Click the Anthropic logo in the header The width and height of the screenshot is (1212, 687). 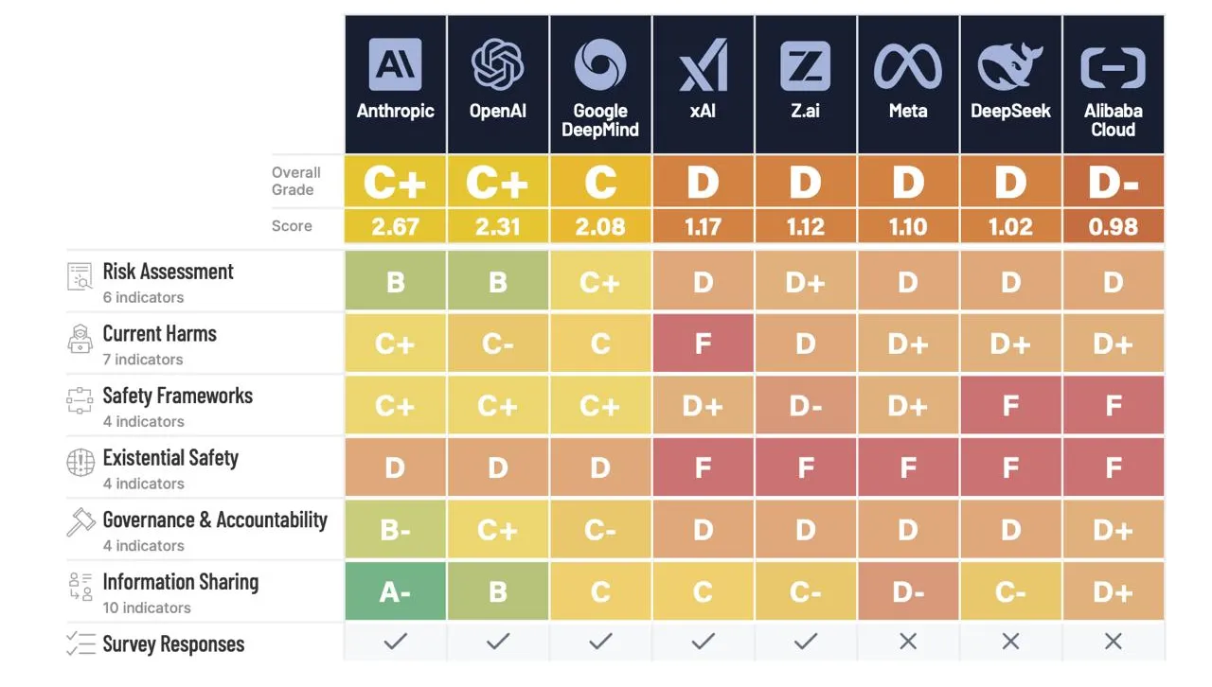tap(395, 64)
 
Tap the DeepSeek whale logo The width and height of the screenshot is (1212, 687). tap(1010, 64)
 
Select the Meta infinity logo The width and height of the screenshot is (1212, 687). tap(907, 64)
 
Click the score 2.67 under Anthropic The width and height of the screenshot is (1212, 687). tap(395, 227)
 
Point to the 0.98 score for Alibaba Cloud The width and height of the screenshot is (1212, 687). tap(1113, 227)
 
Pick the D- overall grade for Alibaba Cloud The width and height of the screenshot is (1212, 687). tap(1113, 182)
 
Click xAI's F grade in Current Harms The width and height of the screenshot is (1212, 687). tap(703, 343)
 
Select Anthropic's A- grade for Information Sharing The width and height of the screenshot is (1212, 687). tap(395, 592)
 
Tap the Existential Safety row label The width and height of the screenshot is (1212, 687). tap(170, 458)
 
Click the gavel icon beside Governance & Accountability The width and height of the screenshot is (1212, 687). tap(80, 521)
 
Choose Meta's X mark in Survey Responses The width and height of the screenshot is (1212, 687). tap(907, 642)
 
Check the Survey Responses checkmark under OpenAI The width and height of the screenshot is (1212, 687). tap(498, 642)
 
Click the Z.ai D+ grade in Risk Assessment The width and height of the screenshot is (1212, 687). tap(805, 282)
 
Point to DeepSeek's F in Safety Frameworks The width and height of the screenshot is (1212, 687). tap(1010, 406)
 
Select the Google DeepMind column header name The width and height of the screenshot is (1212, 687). tap(600, 120)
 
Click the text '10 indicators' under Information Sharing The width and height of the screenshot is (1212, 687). tap(147, 608)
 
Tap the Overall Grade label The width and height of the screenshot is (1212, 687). tap(296, 181)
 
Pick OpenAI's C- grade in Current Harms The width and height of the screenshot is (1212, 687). tap(498, 343)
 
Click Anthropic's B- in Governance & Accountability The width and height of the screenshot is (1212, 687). tap(395, 530)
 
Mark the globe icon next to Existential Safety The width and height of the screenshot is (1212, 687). tap(80, 463)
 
